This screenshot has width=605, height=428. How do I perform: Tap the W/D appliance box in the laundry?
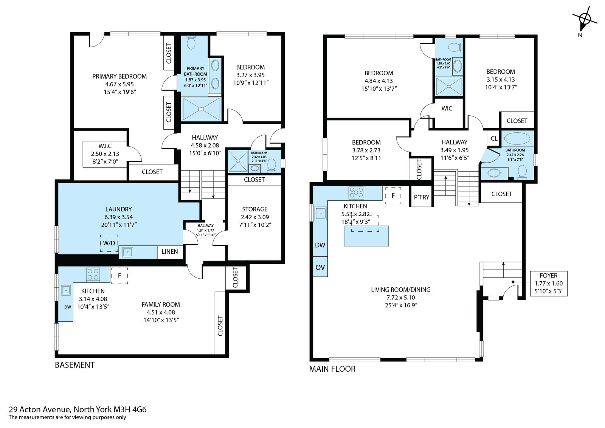coord(109,243)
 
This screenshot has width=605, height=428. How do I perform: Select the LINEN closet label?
coord(170,252)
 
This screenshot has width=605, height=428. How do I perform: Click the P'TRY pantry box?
coord(421,197)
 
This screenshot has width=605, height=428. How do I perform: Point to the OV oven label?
coord(320,267)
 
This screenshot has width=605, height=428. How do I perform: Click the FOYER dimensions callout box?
coord(549,283)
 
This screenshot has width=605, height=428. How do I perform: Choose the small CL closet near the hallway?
coord(494,138)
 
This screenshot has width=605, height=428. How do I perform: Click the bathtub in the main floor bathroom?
coord(517,138)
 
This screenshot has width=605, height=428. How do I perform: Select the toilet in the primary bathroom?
coord(191,43)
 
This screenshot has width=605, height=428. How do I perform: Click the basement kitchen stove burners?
coord(93,274)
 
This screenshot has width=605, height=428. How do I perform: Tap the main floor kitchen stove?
coord(356,193)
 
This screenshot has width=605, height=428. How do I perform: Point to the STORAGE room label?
coord(255,209)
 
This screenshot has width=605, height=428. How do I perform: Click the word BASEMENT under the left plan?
coord(75,365)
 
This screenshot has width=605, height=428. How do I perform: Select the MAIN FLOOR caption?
coord(332,369)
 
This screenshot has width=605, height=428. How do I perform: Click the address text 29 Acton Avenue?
coord(40,409)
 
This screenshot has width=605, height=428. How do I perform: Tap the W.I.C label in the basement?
coord(105,146)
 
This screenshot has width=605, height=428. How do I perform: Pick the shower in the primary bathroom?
coord(201,109)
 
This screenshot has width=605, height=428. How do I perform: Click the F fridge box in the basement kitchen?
coord(119,275)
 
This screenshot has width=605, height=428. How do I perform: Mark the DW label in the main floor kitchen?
coord(320,245)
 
